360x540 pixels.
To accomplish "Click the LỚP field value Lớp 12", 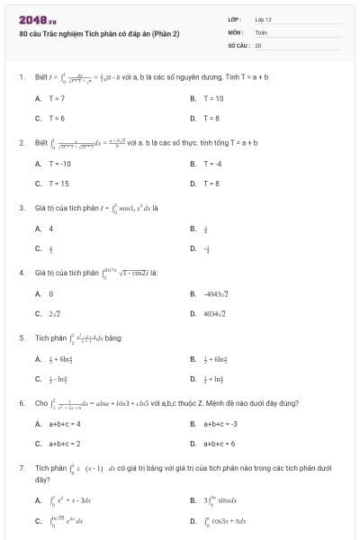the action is tap(263, 18).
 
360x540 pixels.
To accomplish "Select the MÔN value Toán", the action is tap(262, 31).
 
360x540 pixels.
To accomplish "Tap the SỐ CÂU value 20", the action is tap(258, 43).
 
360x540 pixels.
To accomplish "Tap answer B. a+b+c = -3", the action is tap(213, 423).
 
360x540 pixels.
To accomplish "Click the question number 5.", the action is tap(21, 338).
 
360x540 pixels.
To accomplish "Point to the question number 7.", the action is tap(21, 469).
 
